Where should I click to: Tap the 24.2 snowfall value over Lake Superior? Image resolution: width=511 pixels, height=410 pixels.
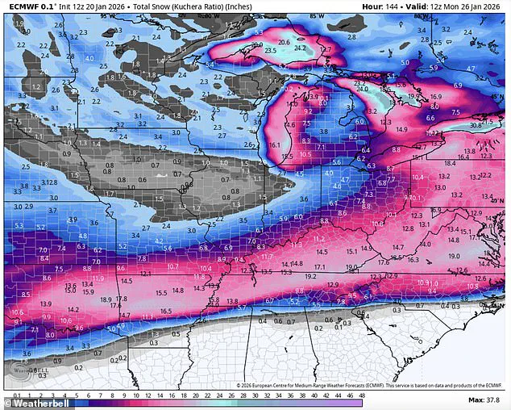click(300, 48)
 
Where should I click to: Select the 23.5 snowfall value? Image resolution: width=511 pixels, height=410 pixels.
click(270, 50)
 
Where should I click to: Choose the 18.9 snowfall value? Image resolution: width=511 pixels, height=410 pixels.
click(105, 299)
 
